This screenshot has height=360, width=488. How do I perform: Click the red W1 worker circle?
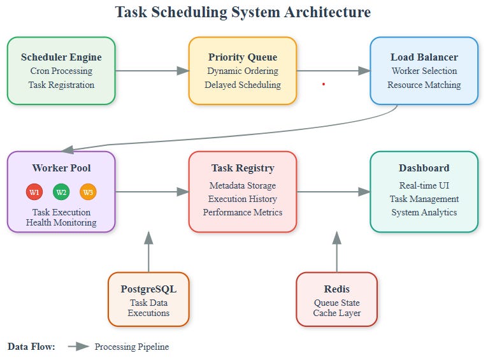(x=34, y=192)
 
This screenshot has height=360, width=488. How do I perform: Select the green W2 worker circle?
(x=61, y=192)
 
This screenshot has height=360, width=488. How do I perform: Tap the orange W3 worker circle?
(x=88, y=192)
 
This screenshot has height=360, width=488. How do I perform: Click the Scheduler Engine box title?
(x=61, y=57)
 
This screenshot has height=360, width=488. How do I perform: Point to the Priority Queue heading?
(x=242, y=57)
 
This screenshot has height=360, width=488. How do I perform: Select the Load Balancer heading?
(x=424, y=57)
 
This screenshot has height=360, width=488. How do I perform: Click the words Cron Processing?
(x=61, y=71)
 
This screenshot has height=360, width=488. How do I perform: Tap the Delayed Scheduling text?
(x=242, y=85)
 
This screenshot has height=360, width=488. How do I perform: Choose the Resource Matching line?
(x=424, y=85)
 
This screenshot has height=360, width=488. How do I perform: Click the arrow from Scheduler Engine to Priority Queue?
(x=152, y=71)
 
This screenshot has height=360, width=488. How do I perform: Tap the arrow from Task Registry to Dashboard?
(x=333, y=191)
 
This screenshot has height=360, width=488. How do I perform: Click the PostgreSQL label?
(x=148, y=289)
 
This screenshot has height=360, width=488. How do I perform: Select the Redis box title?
(x=336, y=289)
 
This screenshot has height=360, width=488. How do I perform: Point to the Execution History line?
(x=243, y=199)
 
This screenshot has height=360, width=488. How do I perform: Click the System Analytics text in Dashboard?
(x=424, y=212)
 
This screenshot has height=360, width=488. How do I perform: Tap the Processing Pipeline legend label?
(x=132, y=347)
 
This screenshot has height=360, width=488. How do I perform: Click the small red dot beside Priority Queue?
(x=324, y=83)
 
